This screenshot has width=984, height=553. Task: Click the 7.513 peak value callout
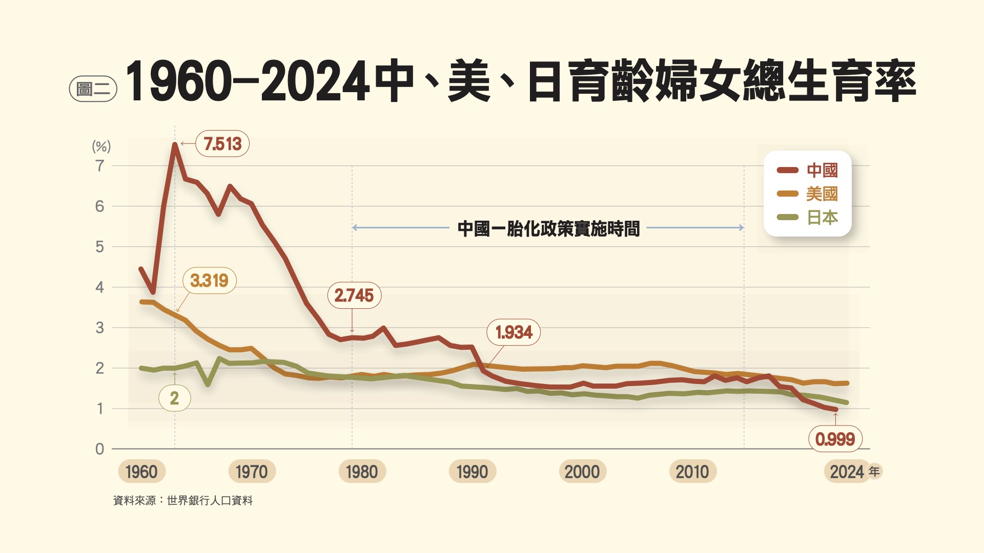pos(222,144)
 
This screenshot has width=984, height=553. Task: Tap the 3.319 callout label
pos(209,281)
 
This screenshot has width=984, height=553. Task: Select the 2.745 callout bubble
pos(354,295)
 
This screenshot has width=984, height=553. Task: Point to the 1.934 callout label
pos(514,332)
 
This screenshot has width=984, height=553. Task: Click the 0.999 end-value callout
pos(835,439)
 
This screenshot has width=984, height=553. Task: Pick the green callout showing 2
pos(174,398)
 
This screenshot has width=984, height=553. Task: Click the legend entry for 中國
pos(808,170)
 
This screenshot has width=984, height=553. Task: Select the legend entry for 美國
pos(808,194)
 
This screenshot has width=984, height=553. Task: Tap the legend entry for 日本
pos(808,217)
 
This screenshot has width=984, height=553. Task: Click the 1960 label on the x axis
pos(141,472)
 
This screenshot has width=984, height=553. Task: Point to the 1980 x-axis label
pos(362,472)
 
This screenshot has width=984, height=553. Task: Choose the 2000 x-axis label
pos(582,472)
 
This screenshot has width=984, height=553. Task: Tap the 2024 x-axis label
pos(847,472)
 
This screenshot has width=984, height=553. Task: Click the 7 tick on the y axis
pos(100,166)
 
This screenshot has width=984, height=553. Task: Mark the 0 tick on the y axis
pos(100,449)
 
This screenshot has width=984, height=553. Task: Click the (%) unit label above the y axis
pos(101,146)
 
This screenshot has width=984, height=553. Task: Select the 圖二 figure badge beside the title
pos(93,89)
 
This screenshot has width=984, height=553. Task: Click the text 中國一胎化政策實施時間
pos(548,228)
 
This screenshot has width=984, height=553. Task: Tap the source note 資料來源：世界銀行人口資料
pos(183,500)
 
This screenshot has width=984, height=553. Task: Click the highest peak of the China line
pos(175,145)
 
